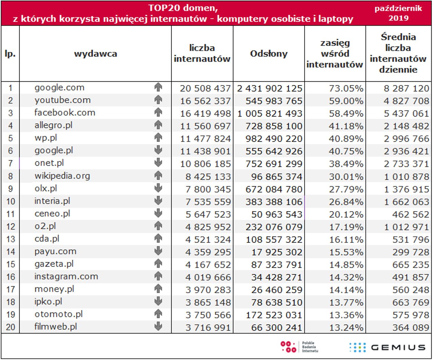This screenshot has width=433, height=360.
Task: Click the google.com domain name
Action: pos(59,88)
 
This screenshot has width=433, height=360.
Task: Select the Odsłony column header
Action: pos(269,54)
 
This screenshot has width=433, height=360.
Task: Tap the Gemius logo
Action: pos(387,347)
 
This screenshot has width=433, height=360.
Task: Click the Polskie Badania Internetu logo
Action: pos(299,347)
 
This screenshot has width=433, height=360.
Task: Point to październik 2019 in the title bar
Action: pos(398,13)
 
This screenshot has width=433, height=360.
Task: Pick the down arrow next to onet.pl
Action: pos(158,163)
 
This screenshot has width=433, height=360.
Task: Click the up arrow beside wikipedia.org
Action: pos(158,176)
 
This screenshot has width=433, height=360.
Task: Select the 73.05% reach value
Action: pos(346,88)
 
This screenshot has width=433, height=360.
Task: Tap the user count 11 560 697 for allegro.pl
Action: pos(205,126)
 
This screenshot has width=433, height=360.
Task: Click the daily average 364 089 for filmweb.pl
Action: pos(411,327)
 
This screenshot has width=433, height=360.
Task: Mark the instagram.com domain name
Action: pos(66,276)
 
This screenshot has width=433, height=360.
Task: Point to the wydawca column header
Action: pos(95,54)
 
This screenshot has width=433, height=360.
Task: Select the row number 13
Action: pos(11,239)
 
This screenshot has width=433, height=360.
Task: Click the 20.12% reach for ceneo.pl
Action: pos(346,214)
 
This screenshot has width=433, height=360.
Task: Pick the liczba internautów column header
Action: pos(202,53)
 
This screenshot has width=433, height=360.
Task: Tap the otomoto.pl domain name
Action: pos(58,314)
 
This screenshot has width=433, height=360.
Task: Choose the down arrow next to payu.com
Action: pos(158,251)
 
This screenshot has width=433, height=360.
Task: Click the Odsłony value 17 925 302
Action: pos(276,252)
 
